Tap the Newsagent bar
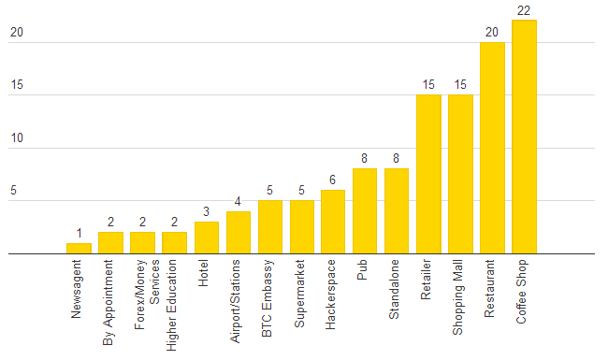click(x=79, y=248)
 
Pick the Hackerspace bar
click(x=333, y=222)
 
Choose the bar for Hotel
click(x=207, y=238)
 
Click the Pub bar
click(x=365, y=210)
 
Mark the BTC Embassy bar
click(x=270, y=226)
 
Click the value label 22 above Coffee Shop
click(x=524, y=10)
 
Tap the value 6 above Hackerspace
click(x=333, y=180)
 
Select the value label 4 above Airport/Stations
click(x=238, y=202)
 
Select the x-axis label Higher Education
click(x=175, y=305)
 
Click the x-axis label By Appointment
click(x=111, y=304)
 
